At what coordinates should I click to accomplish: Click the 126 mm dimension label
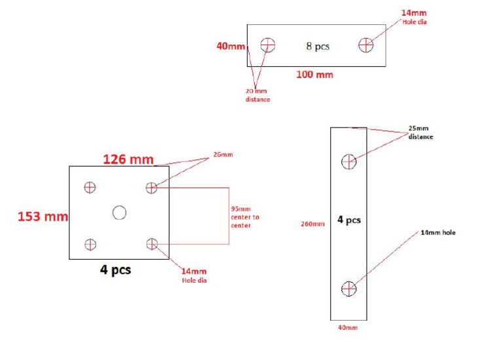click(x=128, y=159)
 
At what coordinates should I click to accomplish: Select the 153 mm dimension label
click(x=43, y=217)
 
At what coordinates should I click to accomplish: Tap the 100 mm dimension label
click(x=314, y=75)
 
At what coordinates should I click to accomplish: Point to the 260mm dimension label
click(x=312, y=224)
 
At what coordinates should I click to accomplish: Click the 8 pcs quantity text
click(x=318, y=46)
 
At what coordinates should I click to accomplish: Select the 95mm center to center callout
click(x=245, y=217)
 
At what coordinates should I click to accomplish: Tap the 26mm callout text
click(x=223, y=154)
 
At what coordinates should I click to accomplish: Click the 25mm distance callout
click(x=420, y=132)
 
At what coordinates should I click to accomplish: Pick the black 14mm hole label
click(x=438, y=233)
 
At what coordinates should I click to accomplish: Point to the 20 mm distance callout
click(x=257, y=95)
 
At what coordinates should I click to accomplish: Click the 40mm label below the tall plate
click(x=348, y=328)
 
